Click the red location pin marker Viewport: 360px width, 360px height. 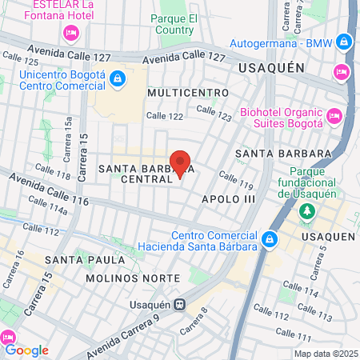[x=180, y=164]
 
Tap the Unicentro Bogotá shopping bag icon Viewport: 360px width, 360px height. [x=117, y=78]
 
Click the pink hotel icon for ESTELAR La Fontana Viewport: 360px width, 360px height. [x=70, y=33]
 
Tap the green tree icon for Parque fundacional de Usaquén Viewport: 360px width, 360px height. [x=306, y=212]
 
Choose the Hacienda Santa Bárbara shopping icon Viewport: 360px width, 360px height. [x=271, y=238]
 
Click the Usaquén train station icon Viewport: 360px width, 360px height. [x=182, y=304]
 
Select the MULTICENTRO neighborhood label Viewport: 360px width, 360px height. [x=182, y=94]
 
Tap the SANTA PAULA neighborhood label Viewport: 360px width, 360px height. [x=85, y=260]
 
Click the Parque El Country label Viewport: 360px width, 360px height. [x=174, y=24]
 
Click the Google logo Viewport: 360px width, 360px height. [x=26, y=350]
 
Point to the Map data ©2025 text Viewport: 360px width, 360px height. [x=324, y=354]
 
